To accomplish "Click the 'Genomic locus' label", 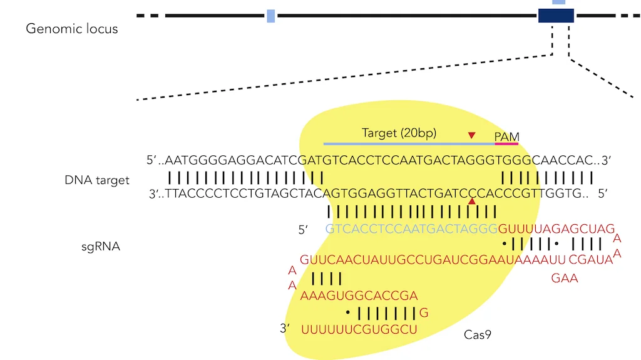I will tap(71, 29).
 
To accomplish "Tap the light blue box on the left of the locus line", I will tap(270, 16).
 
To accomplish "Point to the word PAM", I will tap(506, 136).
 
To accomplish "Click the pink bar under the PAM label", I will tap(506, 144).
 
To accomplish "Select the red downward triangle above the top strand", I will tap(472, 135).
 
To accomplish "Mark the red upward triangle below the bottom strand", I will tap(472, 201).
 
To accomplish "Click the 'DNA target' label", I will tap(97, 180).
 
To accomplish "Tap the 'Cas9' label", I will tap(477, 334).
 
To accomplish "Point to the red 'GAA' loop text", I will tap(565, 279).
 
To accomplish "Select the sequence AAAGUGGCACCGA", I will tap(359, 295).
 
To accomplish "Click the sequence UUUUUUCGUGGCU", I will tap(359, 328).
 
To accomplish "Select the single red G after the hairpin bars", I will tap(424, 312).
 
